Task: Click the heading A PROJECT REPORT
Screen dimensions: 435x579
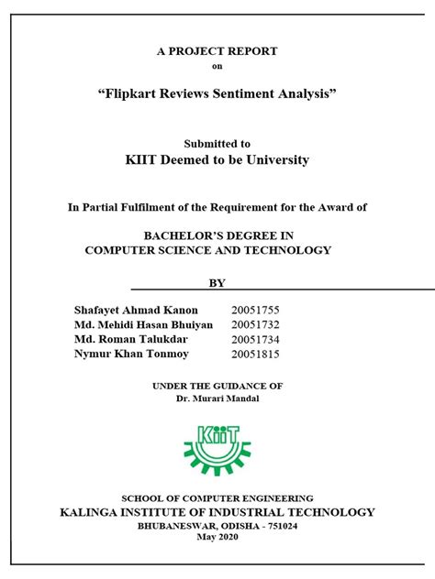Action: pyautogui.click(x=217, y=51)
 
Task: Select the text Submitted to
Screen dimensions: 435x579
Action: pyautogui.click(x=217, y=144)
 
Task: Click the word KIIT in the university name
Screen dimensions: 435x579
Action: pyautogui.click(x=142, y=160)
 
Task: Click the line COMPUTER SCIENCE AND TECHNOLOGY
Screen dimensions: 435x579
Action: pyautogui.click(x=207, y=250)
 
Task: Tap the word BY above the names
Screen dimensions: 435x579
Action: pyautogui.click(x=217, y=283)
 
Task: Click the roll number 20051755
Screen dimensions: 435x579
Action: pyautogui.click(x=258, y=309)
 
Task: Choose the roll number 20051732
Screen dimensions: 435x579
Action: pyautogui.click(x=258, y=324)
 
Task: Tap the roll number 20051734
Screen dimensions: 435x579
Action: pyautogui.click(x=258, y=339)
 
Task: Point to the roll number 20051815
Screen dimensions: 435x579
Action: pyautogui.click(x=258, y=354)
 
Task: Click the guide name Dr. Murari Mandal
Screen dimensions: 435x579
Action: pyautogui.click(x=217, y=399)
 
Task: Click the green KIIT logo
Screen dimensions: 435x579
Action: pyautogui.click(x=217, y=443)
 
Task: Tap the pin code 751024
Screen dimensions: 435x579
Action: pyautogui.click(x=277, y=527)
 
